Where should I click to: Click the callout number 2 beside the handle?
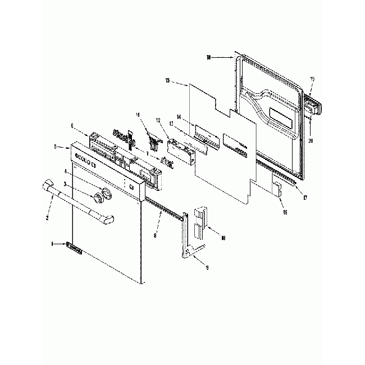tap(47, 217)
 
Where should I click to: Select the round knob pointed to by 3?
tap(99, 197)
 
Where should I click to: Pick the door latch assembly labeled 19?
tap(314, 104)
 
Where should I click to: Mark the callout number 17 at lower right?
tap(305, 197)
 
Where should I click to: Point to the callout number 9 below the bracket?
tap(207, 269)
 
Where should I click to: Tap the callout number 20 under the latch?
tap(310, 141)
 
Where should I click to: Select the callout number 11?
tap(137, 115)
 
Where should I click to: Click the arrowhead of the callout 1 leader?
tap(66, 244)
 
